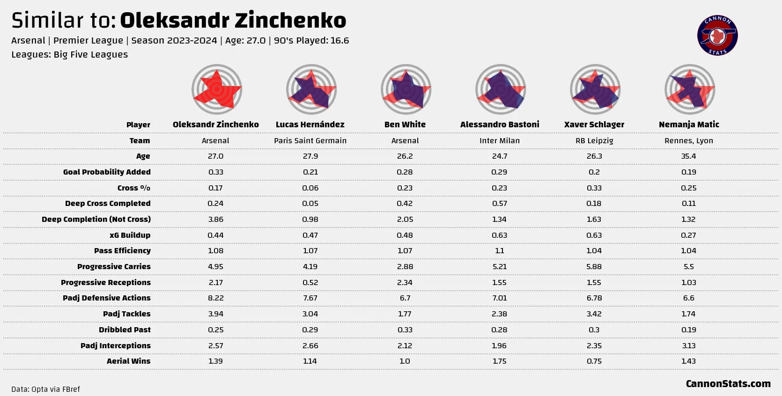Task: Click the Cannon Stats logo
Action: pos(717,36)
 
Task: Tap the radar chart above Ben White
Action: pos(406,89)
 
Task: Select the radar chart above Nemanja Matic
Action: pos(689,89)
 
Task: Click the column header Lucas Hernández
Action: pos(310,125)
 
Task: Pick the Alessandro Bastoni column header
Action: pos(500,125)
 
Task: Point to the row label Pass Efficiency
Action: pos(122,251)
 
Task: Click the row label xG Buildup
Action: pos(130,235)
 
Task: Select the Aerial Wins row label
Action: pos(128,361)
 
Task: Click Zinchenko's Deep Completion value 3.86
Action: pos(215,220)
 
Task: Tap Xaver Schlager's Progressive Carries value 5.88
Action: pos(594,267)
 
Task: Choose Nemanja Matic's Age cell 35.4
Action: pos(688,156)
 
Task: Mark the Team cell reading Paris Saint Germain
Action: pos(310,140)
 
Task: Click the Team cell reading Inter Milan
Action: pos(500,140)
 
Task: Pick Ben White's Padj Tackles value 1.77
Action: pos(405,314)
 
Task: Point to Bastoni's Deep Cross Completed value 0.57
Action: pos(499,204)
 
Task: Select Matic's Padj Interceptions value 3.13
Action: pos(688,346)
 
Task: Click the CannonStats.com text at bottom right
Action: pos(728,384)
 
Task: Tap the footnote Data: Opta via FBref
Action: pos(45,389)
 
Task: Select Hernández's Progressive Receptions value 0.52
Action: pos(310,283)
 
